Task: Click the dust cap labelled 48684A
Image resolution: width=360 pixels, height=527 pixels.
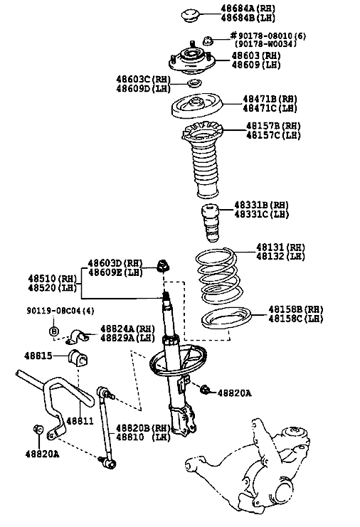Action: [190, 16]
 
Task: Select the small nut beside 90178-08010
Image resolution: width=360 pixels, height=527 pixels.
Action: [208, 41]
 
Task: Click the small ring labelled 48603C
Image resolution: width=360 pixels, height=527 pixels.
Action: [194, 82]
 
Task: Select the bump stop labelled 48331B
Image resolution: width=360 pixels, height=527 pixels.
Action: [210, 223]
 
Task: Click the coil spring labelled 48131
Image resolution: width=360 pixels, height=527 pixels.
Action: [218, 276]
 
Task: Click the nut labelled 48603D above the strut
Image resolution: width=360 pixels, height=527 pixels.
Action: [164, 265]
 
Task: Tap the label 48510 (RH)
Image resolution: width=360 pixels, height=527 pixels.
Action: [52, 279]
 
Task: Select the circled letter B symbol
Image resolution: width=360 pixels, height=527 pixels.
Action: [54, 331]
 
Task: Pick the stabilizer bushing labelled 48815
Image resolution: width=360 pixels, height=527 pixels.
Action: [78, 358]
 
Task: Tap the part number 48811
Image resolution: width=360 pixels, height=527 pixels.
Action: [80, 420]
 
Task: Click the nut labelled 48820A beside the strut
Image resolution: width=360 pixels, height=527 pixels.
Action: [205, 390]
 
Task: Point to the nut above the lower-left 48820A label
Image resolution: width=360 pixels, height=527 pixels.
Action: [38, 429]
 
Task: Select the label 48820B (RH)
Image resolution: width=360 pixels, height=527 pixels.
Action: [144, 428]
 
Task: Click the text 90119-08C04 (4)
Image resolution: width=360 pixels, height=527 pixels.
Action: [60, 311]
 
